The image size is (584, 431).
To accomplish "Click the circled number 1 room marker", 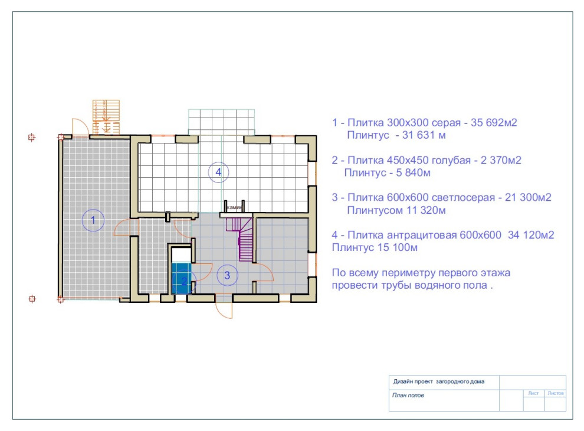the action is (93, 220).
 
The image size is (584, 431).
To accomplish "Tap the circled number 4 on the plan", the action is (218, 172).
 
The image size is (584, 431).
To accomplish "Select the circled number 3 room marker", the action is (227, 275).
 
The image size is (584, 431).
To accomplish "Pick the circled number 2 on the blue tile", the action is (183, 281).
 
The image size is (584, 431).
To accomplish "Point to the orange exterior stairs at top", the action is (106, 117).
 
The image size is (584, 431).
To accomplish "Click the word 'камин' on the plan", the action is (234, 207).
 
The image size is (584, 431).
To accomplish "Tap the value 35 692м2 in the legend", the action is (494, 123).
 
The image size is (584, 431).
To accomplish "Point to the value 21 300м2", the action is (528, 197).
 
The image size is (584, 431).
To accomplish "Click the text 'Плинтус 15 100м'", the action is (375, 247).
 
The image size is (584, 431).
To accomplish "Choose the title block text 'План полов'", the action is (408, 395).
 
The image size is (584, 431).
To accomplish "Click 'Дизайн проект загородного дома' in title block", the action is (439, 381).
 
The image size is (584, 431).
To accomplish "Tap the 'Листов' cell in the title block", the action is (555, 393).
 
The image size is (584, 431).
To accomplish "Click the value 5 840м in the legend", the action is (413, 172).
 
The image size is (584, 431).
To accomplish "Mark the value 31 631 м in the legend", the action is (424, 135).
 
